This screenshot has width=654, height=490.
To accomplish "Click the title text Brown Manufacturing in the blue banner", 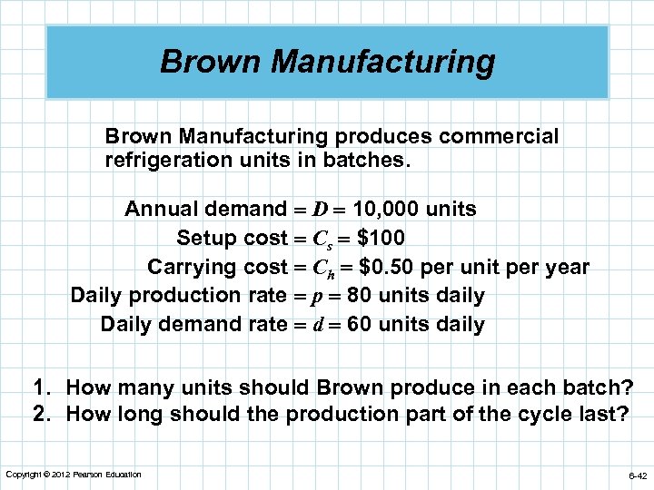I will click(327, 63).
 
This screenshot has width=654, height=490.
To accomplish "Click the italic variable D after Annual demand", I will click(321, 210).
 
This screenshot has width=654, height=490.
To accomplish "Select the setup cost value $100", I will click(381, 238).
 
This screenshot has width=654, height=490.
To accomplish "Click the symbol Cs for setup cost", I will click(324, 240).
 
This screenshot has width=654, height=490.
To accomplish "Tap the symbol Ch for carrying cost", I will click(325, 269).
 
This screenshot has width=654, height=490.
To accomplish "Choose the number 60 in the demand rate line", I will click(360, 324).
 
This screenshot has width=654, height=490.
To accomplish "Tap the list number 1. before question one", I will click(42, 388).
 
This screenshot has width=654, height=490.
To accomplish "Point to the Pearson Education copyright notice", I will click(74, 475).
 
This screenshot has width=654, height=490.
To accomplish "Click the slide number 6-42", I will click(636, 475).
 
